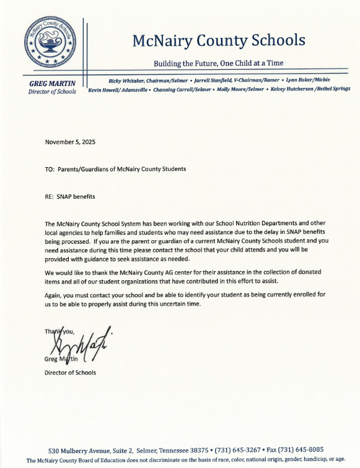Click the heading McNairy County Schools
[219, 40]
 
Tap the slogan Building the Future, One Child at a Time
[219, 63]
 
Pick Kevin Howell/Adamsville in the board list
[118, 89]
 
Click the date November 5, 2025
[70, 142]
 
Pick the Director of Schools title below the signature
[69, 372]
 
